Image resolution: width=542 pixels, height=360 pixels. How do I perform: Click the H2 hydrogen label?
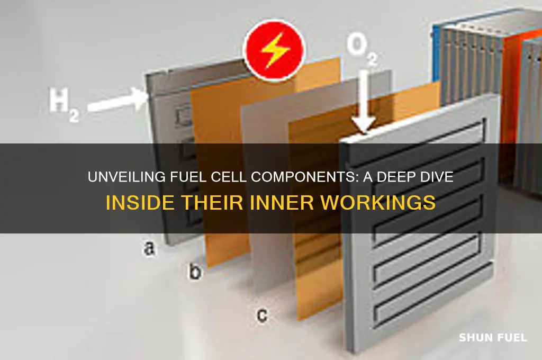coord(64,104)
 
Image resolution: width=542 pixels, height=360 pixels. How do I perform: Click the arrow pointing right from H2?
coord(118,101)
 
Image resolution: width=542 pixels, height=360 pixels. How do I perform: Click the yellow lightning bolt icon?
coord(275,50)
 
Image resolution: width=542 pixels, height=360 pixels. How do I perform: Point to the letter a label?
coord(149,248)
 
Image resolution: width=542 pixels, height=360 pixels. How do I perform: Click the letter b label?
coord(195,272)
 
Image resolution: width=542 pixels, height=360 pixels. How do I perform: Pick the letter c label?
coord(262,314)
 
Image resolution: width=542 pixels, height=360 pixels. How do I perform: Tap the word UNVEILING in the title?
coord(127,177)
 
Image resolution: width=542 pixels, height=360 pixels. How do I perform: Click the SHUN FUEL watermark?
coord(493,338)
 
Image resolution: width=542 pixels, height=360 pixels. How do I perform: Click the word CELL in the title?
coord(229,177)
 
